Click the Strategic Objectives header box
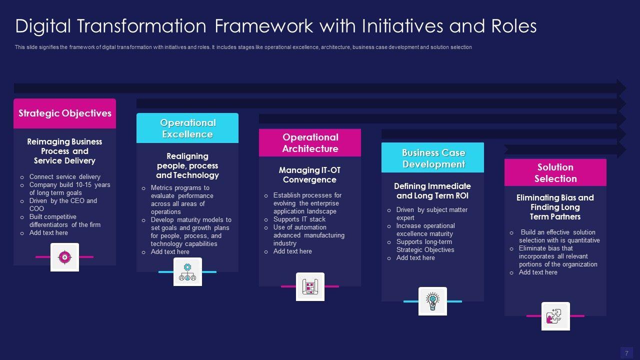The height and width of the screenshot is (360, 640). pyautogui.click(x=65, y=113)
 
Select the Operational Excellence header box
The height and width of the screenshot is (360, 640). pyautogui.click(x=187, y=128)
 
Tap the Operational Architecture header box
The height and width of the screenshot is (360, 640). pyautogui.click(x=310, y=143)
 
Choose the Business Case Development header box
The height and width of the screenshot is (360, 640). pyautogui.click(x=433, y=158)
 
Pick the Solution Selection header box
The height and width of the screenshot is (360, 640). pyautogui.click(x=555, y=173)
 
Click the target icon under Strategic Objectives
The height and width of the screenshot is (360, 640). pyautogui.click(x=64, y=257)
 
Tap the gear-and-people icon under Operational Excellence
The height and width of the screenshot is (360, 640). pyautogui.click(x=187, y=272)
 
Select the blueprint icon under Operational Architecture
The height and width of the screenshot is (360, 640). pyautogui.click(x=310, y=287)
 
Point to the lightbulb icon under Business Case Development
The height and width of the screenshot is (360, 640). pyautogui.click(x=432, y=301)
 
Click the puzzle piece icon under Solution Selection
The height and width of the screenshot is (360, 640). pyautogui.click(x=555, y=316)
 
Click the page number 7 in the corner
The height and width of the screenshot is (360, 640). pyautogui.click(x=626, y=353)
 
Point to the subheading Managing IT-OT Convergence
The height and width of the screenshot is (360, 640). pyautogui.click(x=310, y=175)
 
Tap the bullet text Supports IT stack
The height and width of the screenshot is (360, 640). pyautogui.click(x=299, y=219)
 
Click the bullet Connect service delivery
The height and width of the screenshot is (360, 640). pyautogui.click(x=64, y=176)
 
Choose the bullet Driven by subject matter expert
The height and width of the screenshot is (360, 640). pyautogui.click(x=431, y=213)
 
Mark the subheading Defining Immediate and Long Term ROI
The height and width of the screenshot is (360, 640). pyautogui.click(x=432, y=191)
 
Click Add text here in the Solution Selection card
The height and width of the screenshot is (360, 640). pyautogui.click(x=537, y=272)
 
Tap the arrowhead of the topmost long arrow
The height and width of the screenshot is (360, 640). pyautogui.click(x=621, y=88)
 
